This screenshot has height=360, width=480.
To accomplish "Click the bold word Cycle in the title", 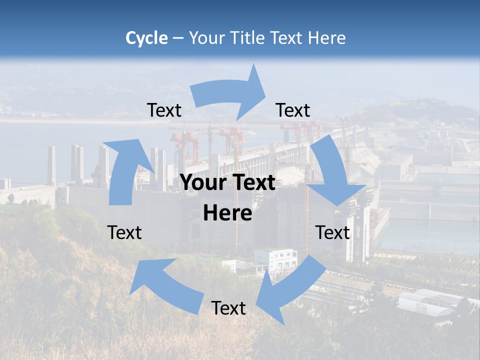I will coord(146,38).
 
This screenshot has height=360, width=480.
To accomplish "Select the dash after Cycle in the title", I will coord(178,38).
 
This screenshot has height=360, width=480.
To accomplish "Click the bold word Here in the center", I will coord(227,213).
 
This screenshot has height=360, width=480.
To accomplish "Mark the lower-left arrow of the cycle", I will coord(165,285).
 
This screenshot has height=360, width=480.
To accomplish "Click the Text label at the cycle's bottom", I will coord(228,308).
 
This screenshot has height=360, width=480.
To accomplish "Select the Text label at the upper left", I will coord(164,110).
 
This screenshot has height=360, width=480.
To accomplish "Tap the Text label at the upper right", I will coord(293,110).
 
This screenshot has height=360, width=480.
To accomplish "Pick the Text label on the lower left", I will coord(124,232).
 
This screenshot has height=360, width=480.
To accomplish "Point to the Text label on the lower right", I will coord(333,232).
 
